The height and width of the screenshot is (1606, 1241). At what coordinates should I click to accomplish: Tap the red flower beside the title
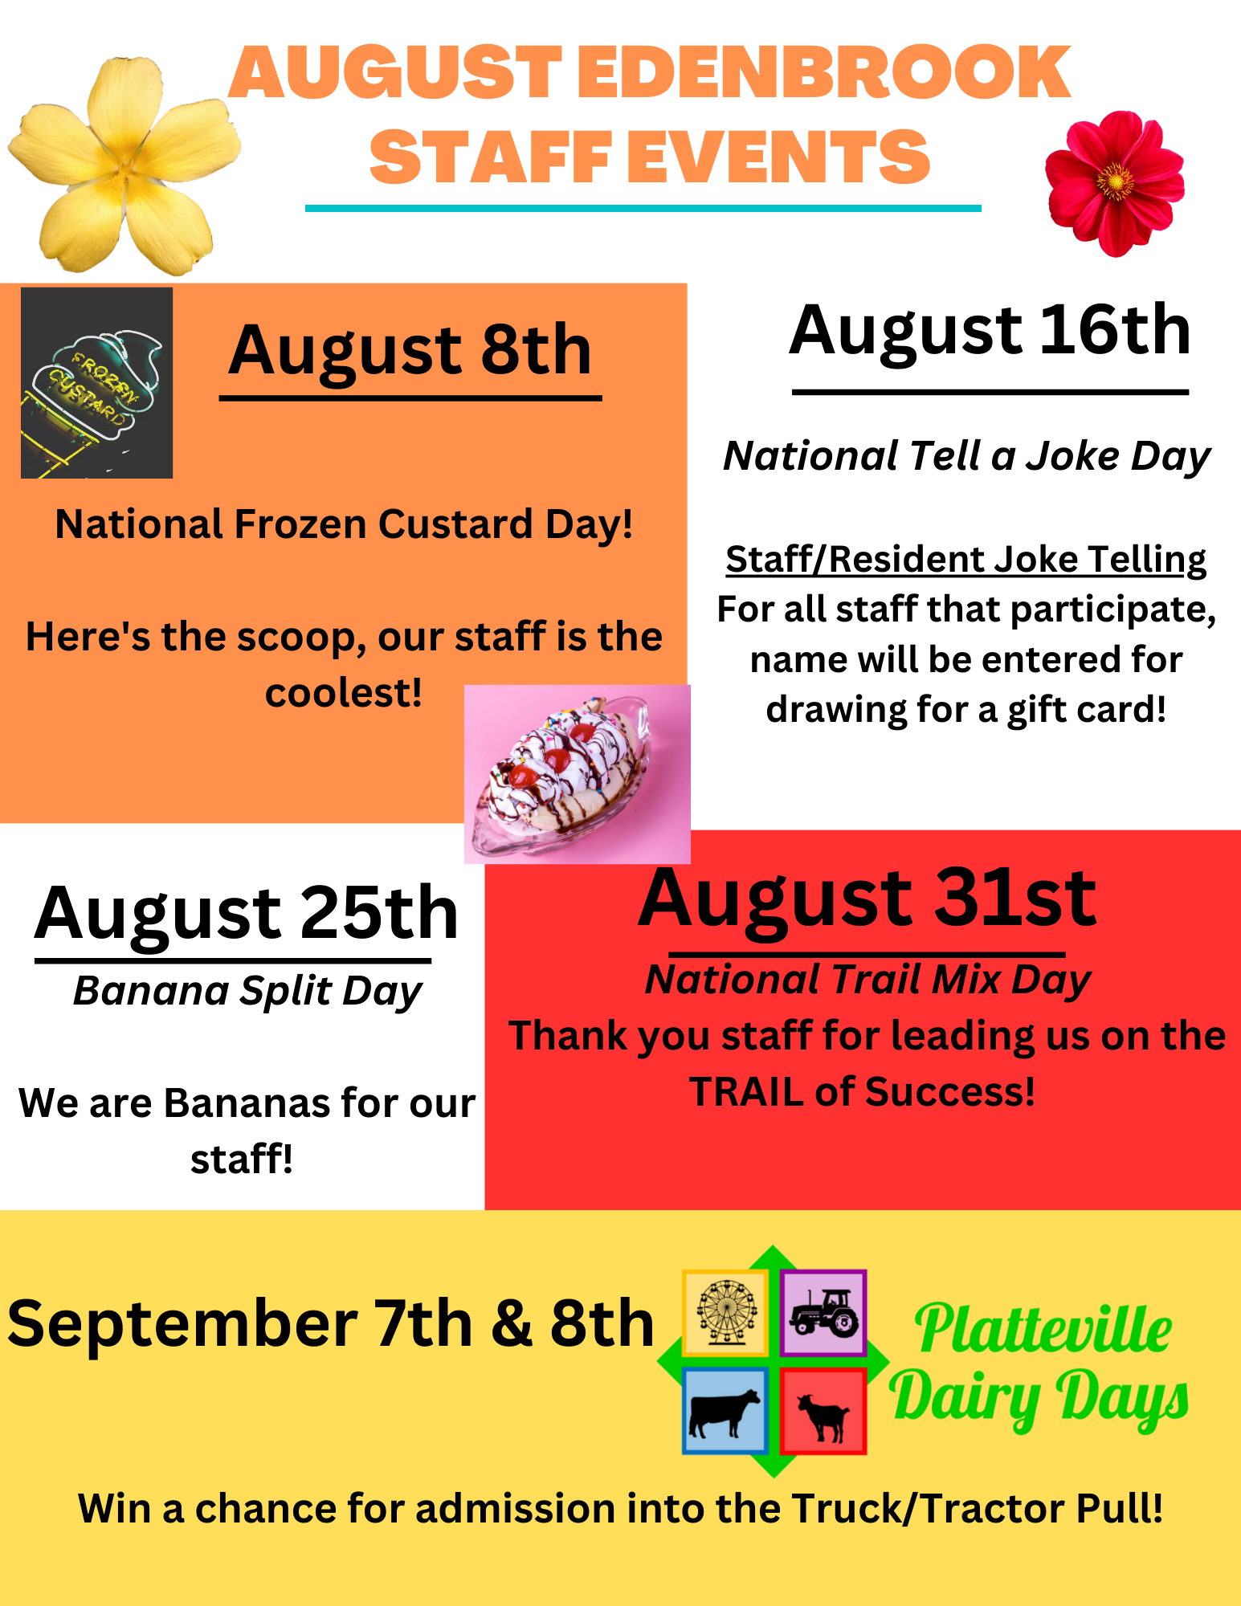[x=1115, y=183]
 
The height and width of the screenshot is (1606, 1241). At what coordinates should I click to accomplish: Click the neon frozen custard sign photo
[x=96, y=383]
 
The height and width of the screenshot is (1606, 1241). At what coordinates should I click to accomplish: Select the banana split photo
[x=577, y=774]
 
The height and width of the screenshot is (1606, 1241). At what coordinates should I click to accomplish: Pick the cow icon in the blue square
[x=725, y=1411]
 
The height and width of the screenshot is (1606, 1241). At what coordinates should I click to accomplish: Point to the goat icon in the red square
[x=823, y=1411]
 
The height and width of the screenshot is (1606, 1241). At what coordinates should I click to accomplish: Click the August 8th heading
[x=410, y=350]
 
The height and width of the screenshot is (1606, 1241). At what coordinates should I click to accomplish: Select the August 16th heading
[x=990, y=331]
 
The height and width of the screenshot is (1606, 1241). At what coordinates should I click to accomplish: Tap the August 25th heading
[x=247, y=914]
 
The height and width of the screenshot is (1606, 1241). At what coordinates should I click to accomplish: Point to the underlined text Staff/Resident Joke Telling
[x=966, y=559]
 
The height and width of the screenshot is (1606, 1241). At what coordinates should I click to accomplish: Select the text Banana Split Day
[x=247, y=991]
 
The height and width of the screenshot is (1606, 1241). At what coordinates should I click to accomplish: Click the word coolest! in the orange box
[x=344, y=693]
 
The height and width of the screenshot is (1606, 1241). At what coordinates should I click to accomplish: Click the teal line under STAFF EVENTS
[x=643, y=208]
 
